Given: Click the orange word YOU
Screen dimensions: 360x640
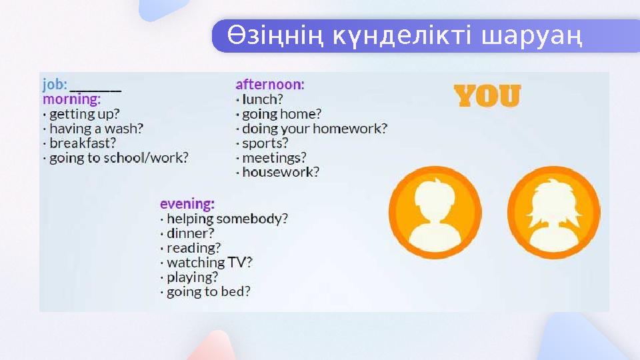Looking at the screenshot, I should coord(487,97).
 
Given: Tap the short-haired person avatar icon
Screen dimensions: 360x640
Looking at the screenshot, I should coord(435,213).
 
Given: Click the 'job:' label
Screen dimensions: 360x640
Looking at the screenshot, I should coord(55,85).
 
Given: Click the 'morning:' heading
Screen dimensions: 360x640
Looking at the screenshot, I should coord(71,99).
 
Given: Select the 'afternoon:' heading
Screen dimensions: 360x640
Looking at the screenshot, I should coord(270,85).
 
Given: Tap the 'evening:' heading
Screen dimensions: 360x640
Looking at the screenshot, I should coord(187,203).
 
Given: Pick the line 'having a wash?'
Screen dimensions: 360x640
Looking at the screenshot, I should coord(95,129).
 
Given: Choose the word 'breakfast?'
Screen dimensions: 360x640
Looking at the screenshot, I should coord(83,143).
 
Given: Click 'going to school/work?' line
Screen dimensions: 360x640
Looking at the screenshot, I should coord(118,158).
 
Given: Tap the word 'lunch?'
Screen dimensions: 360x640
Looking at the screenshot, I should coord(262,99).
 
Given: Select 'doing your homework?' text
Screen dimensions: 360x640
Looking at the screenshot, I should coord(313,129).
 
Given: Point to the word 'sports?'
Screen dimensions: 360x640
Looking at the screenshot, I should coord(265,143).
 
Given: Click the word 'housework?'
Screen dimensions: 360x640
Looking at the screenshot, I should coord(280,173).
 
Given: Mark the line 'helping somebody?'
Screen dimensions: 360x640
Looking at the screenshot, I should coord(227,219).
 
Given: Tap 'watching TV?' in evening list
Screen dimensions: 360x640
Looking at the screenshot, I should coord(209,263).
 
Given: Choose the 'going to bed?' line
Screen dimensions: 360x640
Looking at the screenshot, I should coord(208,292).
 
